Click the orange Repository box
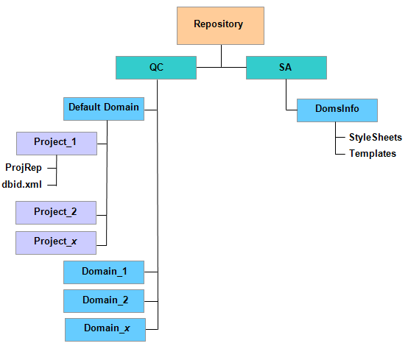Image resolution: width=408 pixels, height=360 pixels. (220, 26)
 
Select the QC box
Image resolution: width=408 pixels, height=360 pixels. (156, 68)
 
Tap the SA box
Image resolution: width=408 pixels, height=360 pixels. (286, 68)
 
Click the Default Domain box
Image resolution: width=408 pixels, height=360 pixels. (104, 109)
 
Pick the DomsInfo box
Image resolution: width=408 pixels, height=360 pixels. (337, 110)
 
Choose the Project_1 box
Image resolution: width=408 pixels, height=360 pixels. (57, 144)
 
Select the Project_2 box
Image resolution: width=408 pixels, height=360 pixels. (56, 213)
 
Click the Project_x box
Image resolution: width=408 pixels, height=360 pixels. (56, 243)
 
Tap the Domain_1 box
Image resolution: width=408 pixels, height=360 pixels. (104, 272)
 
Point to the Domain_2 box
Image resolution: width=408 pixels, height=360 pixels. (104, 301)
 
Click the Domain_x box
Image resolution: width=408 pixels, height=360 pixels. (105, 330)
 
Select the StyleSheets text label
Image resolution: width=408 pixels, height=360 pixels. (376, 138)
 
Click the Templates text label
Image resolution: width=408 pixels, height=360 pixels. (373, 153)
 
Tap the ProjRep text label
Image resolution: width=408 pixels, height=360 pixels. (24, 168)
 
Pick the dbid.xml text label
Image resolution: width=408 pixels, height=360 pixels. (22, 185)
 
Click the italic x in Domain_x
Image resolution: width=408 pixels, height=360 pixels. (127, 328)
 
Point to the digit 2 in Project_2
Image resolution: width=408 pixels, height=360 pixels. (74, 211)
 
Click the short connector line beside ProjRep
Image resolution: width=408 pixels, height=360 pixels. (52, 168)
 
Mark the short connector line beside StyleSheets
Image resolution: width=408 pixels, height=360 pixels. (340, 137)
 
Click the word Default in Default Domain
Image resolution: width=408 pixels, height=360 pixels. (85, 107)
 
